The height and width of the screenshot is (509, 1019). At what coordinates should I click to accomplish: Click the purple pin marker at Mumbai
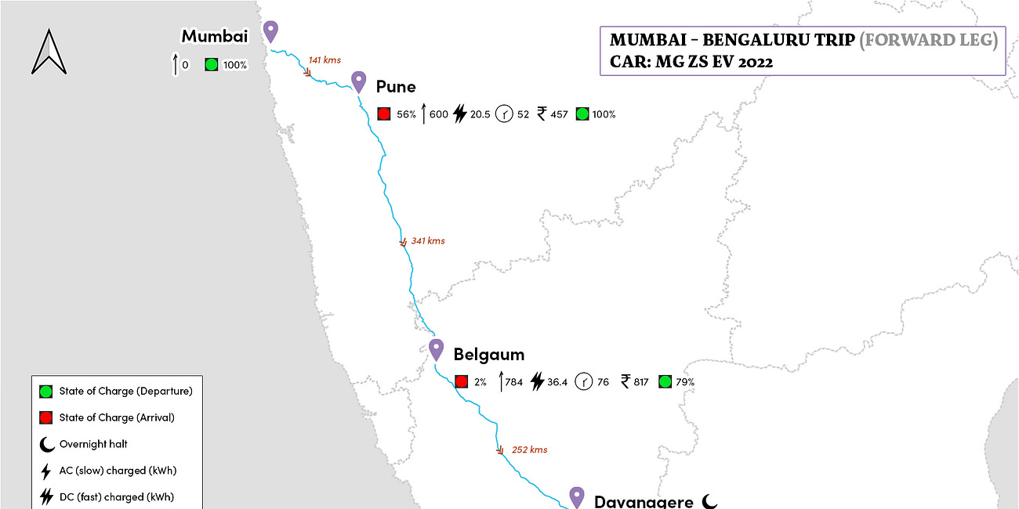point(270,31)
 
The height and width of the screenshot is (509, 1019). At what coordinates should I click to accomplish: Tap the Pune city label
point(396,86)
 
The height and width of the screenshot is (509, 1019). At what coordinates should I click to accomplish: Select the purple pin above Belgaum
point(437,349)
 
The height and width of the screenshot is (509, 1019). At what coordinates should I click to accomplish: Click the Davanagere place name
point(644,501)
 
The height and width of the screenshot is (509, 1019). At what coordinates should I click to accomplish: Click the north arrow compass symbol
point(49,52)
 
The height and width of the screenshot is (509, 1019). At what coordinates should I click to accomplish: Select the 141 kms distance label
point(325,60)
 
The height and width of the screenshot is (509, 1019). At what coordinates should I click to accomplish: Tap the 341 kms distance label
point(428,241)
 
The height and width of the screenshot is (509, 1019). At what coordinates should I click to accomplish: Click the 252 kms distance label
point(529,449)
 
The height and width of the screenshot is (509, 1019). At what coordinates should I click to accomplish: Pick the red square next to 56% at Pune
point(384,114)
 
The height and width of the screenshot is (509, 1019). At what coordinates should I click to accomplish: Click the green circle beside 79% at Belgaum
point(665,382)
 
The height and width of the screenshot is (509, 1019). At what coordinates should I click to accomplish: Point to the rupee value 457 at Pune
point(558,114)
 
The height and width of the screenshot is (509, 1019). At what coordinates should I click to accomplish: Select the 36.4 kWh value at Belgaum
point(557,382)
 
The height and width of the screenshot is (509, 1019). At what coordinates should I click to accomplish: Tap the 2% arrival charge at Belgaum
point(480,382)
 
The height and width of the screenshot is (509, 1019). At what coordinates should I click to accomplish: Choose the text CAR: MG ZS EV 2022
point(691,62)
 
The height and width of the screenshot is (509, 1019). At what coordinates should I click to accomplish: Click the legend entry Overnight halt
point(93,444)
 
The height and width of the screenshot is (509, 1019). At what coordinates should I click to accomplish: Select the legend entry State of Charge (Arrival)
point(117,417)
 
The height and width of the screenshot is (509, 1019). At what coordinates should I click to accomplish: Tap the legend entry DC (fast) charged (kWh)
point(117,496)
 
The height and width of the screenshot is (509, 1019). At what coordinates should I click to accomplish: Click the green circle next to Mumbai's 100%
point(211,65)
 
